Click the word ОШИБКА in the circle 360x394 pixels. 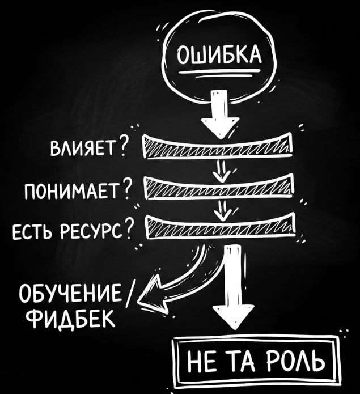pyautogui.click(x=218, y=58)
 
